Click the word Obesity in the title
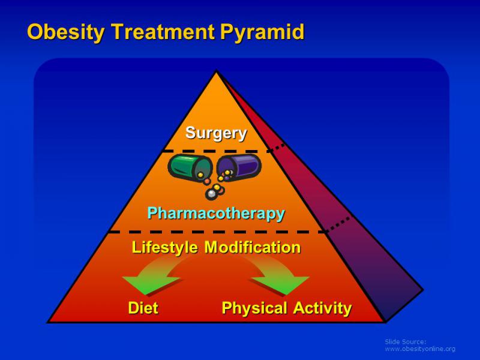pos(66,32)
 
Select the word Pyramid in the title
pos(262,32)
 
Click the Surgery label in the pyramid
pos(216,133)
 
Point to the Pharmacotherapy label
pos(216,214)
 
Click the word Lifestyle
pos(164,247)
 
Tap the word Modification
pos(253,247)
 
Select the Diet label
pos(143,308)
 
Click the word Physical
pos(254,308)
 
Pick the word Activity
pos(323,308)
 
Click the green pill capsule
pos(190,167)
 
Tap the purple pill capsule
pos(239,167)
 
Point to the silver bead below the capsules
pos(211,194)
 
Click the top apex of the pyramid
pos(217,71)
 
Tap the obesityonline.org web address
pos(420,349)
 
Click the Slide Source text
pos(406,341)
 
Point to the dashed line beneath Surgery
pos(218,151)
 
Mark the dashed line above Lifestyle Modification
pos(218,232)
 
